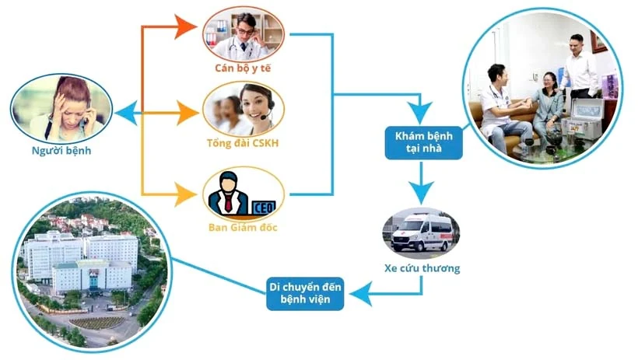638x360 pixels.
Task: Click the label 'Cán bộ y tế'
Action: tap(243, 68)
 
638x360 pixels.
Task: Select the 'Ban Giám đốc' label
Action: tap(242, 228)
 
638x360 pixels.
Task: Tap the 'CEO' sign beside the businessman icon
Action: tap(261, 206)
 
